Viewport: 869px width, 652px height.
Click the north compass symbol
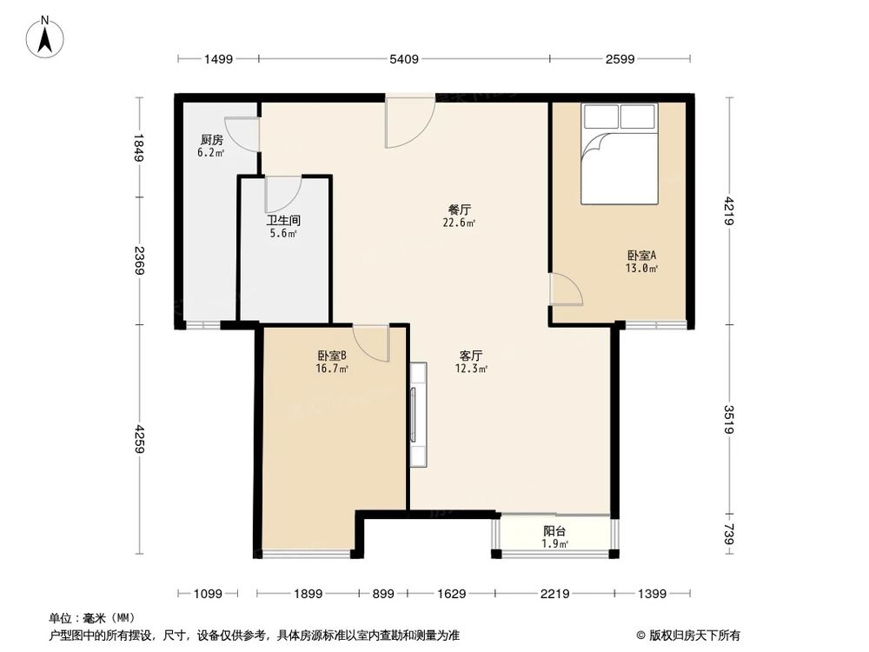[x=45, y=37]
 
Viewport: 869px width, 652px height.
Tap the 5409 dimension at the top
[x=404, y=59]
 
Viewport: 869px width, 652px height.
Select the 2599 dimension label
[x=620, y=59]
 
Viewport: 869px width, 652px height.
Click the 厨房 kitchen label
[x=211, y=140]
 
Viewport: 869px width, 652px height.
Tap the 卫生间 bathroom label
[x=282, y=220]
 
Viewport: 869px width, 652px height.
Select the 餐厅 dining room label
[x=460, y=210]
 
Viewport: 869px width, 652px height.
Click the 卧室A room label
[x=642, y=255]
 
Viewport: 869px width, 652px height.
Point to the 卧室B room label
[x=332, y=356]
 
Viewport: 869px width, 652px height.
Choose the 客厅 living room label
[x=471, y=356]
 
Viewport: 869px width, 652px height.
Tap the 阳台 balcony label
[x=555, y=531]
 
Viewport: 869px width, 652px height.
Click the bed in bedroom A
[x=619, y=155]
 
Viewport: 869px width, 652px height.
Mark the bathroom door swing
[x=282, y=192]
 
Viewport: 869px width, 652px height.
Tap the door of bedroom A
[x=566, y=289]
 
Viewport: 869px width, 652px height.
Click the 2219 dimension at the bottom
[x=554, y=594]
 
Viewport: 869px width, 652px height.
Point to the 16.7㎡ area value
[x=332, y=369]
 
